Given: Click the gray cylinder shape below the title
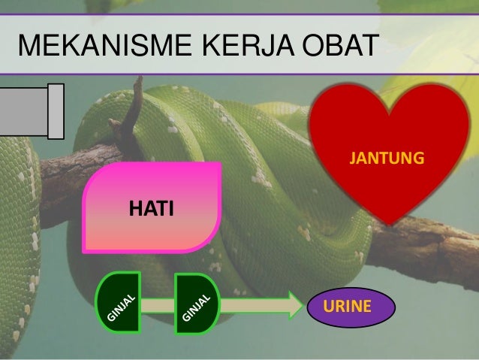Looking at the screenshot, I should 26,111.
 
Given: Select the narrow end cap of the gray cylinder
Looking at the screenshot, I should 56,111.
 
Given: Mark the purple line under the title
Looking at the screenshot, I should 239,74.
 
